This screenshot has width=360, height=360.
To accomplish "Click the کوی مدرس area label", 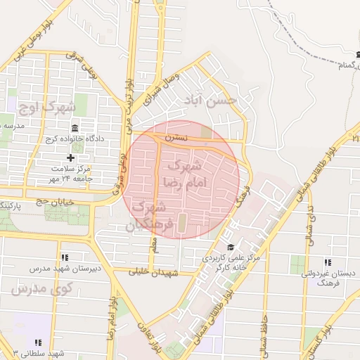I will (x=44, y=288).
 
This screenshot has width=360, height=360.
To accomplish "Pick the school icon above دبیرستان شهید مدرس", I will (x=65, y=257).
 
